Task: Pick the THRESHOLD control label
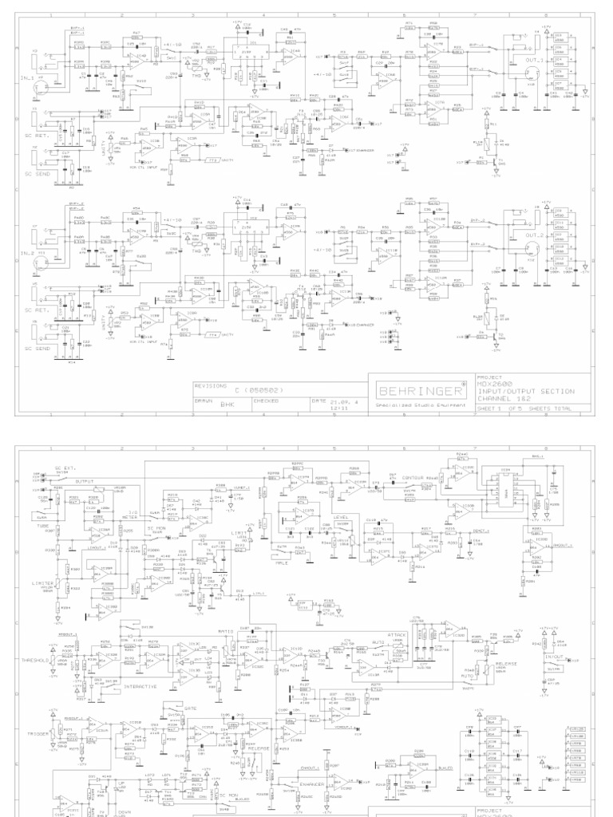(x=36, y=639)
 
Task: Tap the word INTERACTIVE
(x=140, y=686)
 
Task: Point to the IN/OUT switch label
(x=552, y=657)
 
